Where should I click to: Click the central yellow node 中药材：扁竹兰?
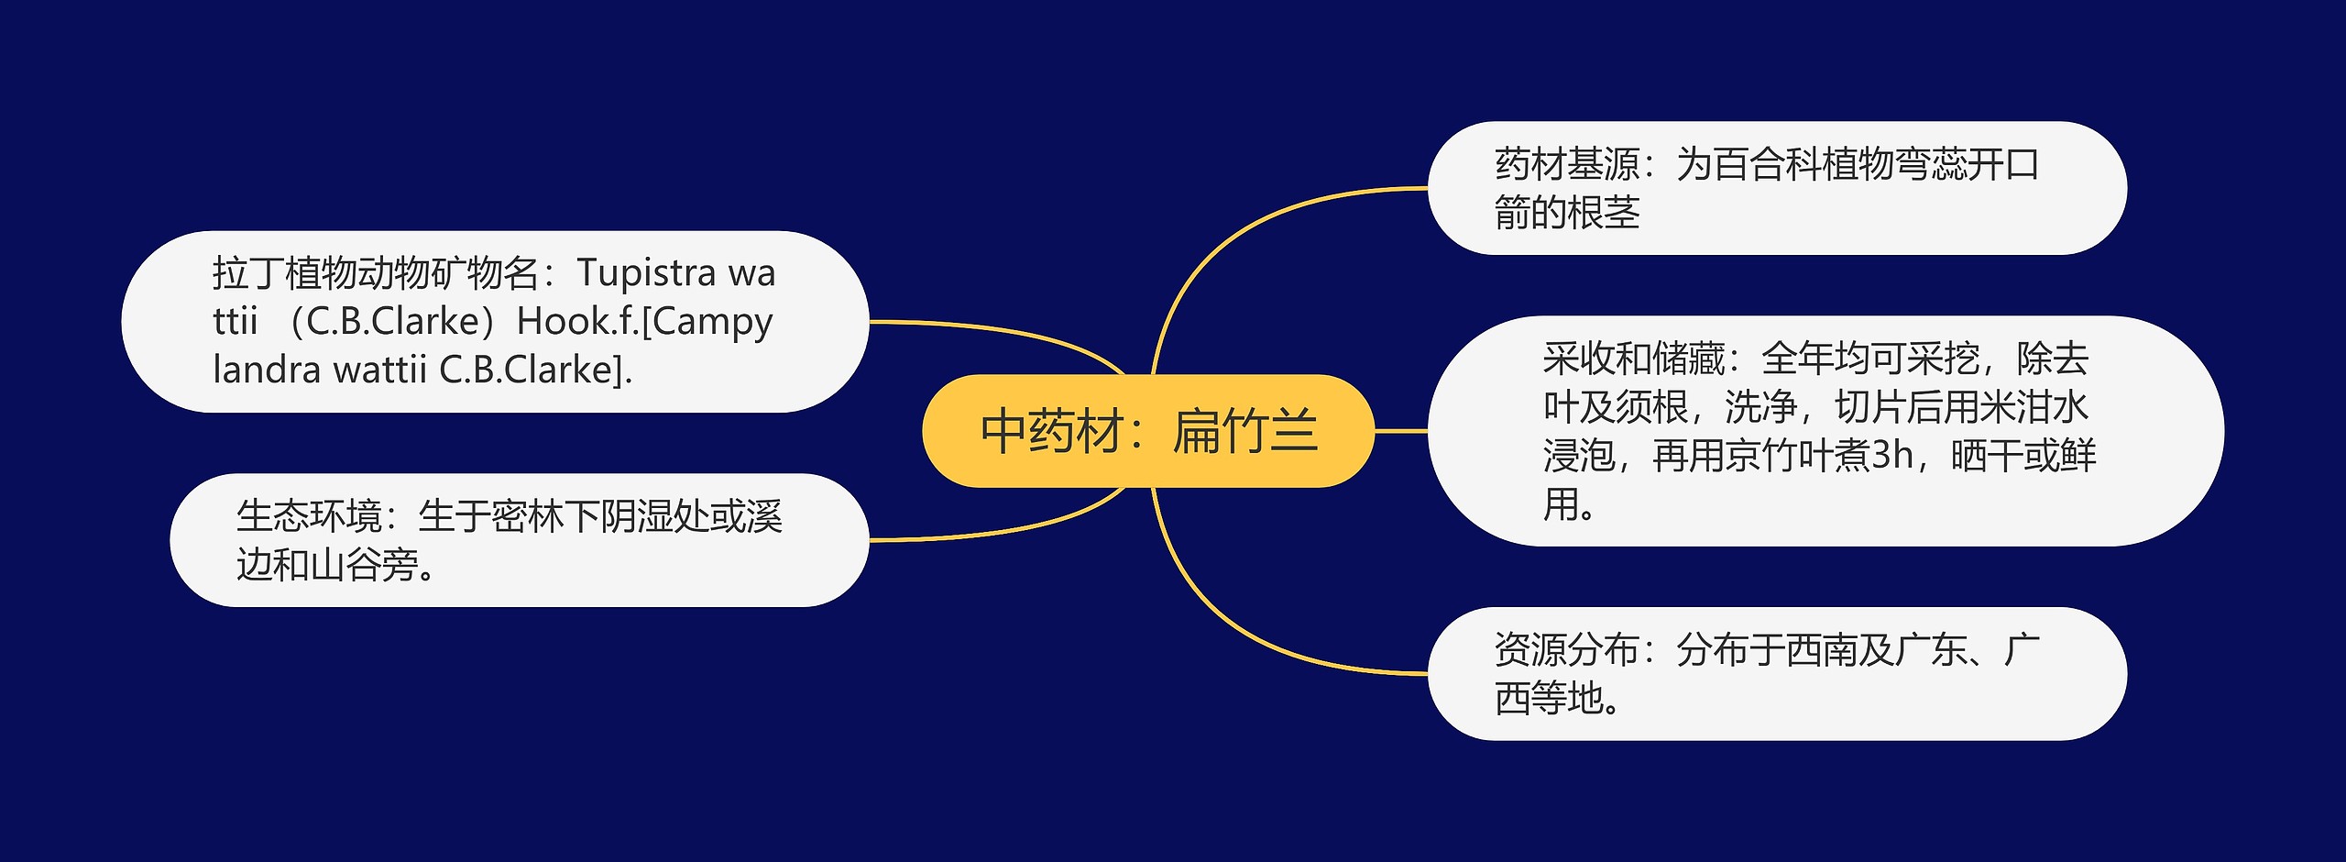[x=1148, y=431]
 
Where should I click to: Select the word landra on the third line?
[x=267, y=370]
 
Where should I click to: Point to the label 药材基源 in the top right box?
[x=1567, y=165]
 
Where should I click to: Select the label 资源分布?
[x=1566, y=650]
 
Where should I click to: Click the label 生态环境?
[x=309, y=517]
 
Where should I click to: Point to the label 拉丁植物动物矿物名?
[x=376, y=273]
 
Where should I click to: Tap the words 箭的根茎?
[x=1567, y=214]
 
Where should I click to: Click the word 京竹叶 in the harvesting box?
[x=1779, y=456]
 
